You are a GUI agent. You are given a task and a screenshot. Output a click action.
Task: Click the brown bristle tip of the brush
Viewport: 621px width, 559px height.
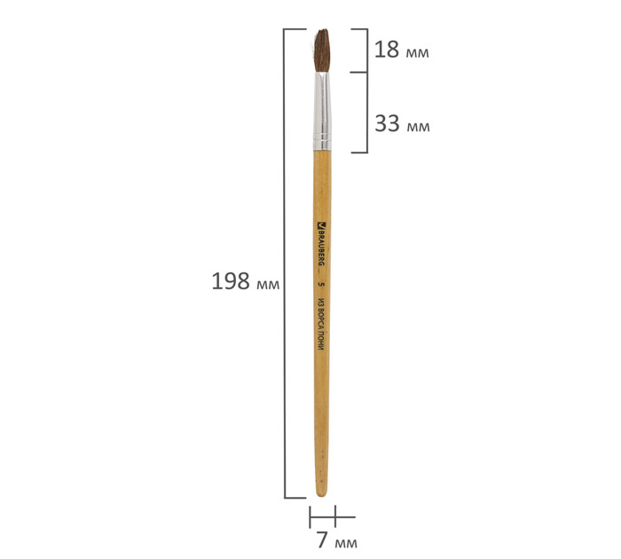(322, 51)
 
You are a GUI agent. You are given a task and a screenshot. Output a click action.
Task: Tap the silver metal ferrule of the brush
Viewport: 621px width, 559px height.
(322, 111)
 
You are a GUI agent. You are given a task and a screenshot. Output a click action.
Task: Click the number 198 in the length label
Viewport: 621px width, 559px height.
(231, 281)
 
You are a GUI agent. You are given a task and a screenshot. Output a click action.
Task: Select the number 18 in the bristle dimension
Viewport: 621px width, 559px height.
(387, 50)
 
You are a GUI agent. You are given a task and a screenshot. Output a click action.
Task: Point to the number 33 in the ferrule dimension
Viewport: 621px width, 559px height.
(388, 123)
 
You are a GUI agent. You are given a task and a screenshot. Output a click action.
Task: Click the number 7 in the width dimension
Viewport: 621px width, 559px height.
(322, 539)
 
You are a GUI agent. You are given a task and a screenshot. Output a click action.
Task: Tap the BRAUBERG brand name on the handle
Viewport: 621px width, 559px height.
(321, 248)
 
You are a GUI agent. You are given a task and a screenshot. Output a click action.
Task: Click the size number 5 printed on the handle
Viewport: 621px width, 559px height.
(321, 284)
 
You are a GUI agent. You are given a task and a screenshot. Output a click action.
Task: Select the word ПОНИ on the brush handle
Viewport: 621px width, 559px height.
(321, 341)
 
